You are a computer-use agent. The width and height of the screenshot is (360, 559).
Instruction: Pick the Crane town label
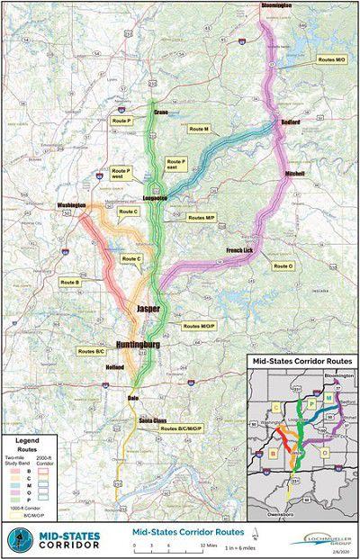(162, 113)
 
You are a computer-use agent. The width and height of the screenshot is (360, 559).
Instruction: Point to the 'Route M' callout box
(200, 130)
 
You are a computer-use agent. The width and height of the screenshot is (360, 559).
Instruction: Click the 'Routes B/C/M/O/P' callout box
(183, 428)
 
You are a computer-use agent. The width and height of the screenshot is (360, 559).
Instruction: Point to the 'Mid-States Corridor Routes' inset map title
(301, 362)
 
